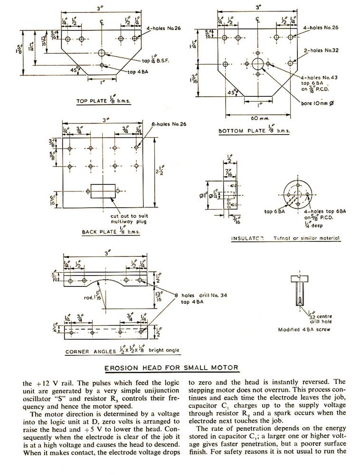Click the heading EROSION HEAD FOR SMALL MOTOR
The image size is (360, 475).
171,367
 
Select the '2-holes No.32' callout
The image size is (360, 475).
321,50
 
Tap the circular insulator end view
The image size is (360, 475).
299,194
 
